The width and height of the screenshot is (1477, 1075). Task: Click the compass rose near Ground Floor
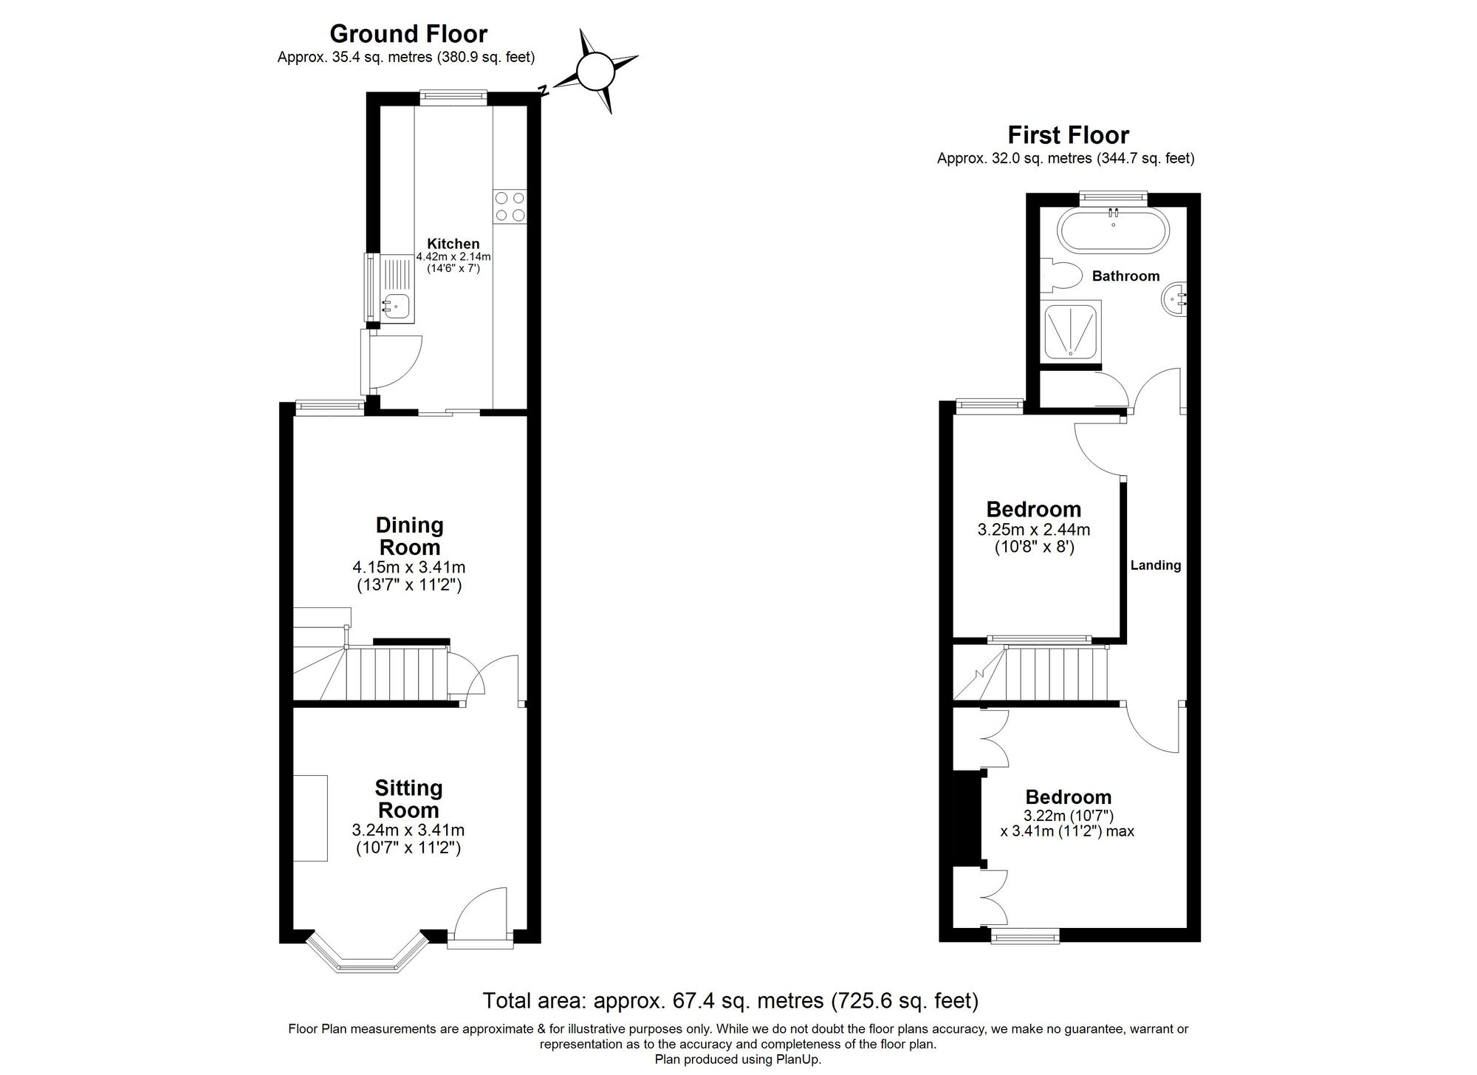(x=595, y=72)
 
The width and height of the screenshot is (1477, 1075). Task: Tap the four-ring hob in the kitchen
(x=510, y=206)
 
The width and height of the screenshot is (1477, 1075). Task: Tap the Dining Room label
(x=409, y=536)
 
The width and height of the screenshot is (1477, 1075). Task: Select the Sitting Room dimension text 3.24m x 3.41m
(x=408, y=830)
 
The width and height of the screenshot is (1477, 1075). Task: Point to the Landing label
(x=1156, y=565)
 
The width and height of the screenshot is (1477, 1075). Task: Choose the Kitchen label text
(x=453, y=244)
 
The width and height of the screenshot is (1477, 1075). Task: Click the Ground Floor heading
(x=408, y=34)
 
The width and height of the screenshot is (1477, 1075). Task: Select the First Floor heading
(x=1068, y=135)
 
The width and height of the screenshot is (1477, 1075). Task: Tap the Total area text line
(x=730, y=1000)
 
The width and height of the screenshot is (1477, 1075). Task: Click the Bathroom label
(x=1125, y=276)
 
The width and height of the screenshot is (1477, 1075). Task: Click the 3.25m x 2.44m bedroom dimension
(x=1033, y=530)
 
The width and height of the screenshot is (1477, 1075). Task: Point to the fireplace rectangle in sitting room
(x=310, y=818)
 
